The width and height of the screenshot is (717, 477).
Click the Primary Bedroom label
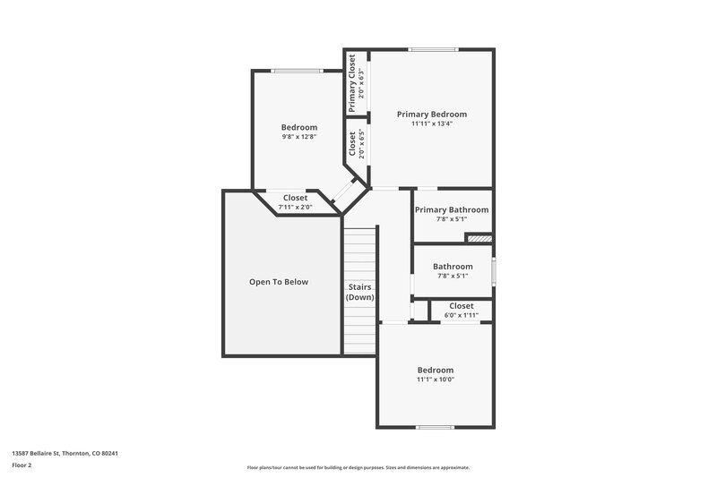click(432, 114)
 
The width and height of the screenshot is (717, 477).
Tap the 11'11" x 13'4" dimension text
click(432, 124)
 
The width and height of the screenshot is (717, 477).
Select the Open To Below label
click(278, 282)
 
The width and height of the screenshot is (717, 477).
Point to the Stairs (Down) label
click(360, 292)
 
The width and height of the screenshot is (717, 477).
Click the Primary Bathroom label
click(452, 209)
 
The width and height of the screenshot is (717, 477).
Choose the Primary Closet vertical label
click(352, 82)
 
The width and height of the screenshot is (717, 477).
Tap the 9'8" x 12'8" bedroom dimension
click(299, 137)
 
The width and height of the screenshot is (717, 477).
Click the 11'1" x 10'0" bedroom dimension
click(436, 379)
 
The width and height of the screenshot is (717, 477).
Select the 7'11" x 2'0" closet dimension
click(295, 207)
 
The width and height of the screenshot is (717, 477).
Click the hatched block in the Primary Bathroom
click(479, 239)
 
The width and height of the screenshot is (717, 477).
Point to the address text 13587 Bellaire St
click(65, 453)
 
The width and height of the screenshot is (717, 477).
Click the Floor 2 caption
click(22, 465)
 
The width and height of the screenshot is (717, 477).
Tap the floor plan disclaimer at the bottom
click(358, 467)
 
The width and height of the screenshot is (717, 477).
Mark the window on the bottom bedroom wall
click(433, 427)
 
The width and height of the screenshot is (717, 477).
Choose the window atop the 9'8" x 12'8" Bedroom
click(297, 71)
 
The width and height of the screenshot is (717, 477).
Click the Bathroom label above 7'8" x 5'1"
click(452, 266)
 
